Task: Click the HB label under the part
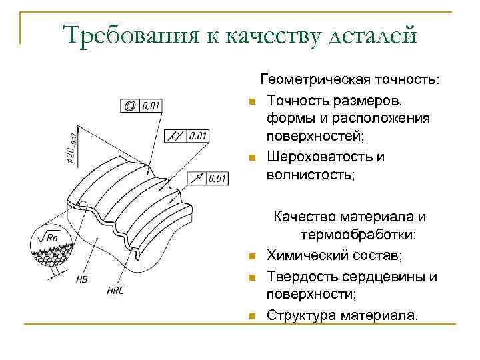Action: pyautogui.click(x=82, y=279)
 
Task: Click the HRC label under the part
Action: pyautogui.click(x=115, y=291)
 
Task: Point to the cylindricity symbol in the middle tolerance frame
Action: pyautogui.click(x=175, y=136)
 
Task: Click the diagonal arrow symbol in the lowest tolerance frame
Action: pyautogui.click(x=198, y=178)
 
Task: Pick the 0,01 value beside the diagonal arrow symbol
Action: pyautogui.click(x=218, y=178)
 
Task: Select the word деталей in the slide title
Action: pyautogui.click(x=373, y=35)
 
